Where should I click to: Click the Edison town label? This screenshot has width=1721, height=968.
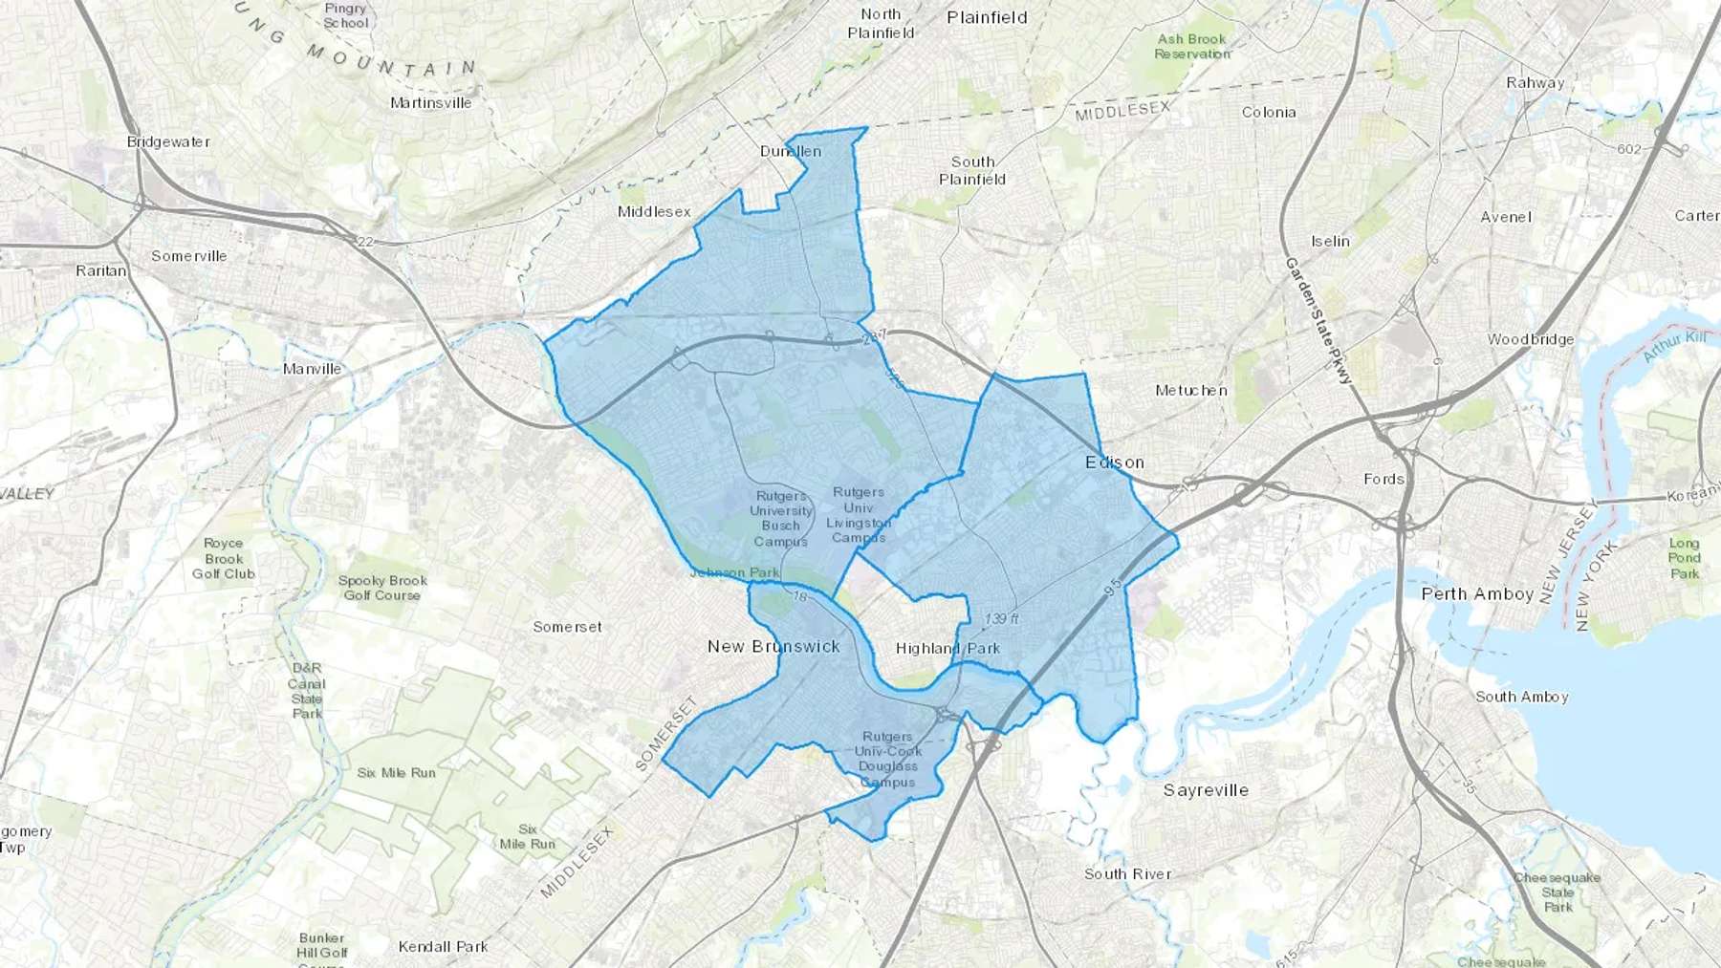(1115, 462)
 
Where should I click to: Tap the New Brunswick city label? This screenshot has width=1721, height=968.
(773, 647)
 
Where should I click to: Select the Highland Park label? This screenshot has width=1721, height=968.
(948, 649)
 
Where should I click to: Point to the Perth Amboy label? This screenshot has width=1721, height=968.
(1477, 594)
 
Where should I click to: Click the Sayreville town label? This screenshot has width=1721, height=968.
(1206, 790)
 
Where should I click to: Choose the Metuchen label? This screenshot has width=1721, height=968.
(1190, 391)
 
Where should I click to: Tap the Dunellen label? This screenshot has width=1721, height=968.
(791, 151)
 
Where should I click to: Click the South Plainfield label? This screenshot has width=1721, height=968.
(972, 171)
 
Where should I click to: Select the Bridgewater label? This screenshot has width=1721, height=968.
(168, 142)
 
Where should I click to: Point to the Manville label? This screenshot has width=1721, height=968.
(312, 369)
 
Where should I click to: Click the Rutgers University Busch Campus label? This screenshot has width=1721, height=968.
(781, 519)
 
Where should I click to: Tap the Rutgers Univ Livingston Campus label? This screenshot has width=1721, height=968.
(859, 515)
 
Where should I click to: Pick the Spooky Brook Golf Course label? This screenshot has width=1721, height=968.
(382, 588)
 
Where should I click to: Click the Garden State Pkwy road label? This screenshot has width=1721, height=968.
(1318, 320)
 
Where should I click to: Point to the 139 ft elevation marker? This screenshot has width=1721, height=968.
(1000, 619)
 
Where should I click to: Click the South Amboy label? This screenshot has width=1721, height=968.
(1521, 697)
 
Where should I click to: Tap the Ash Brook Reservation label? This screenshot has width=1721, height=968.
(1191, 47)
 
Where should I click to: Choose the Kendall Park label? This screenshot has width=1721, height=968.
(443, 947)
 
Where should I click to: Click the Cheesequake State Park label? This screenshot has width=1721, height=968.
(1557, 893)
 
